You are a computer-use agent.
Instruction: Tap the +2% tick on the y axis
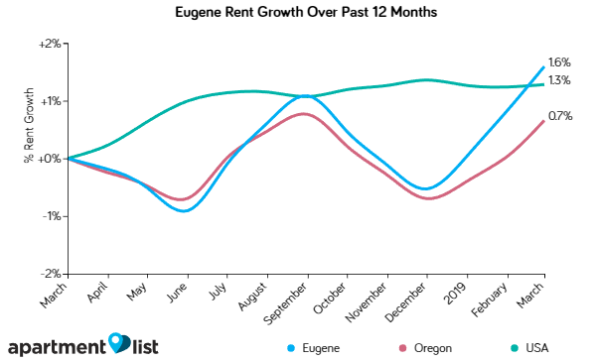tap(50, 44)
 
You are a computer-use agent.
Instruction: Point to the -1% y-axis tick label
tap(52, 215)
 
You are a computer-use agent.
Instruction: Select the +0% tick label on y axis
tap(50, 158)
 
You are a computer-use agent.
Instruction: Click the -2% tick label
tap(52, 273)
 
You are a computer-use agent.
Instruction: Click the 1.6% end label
tap(559, 62)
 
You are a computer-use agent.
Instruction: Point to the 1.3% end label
tap(559, 80)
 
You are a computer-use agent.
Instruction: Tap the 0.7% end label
tap(559, 117)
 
